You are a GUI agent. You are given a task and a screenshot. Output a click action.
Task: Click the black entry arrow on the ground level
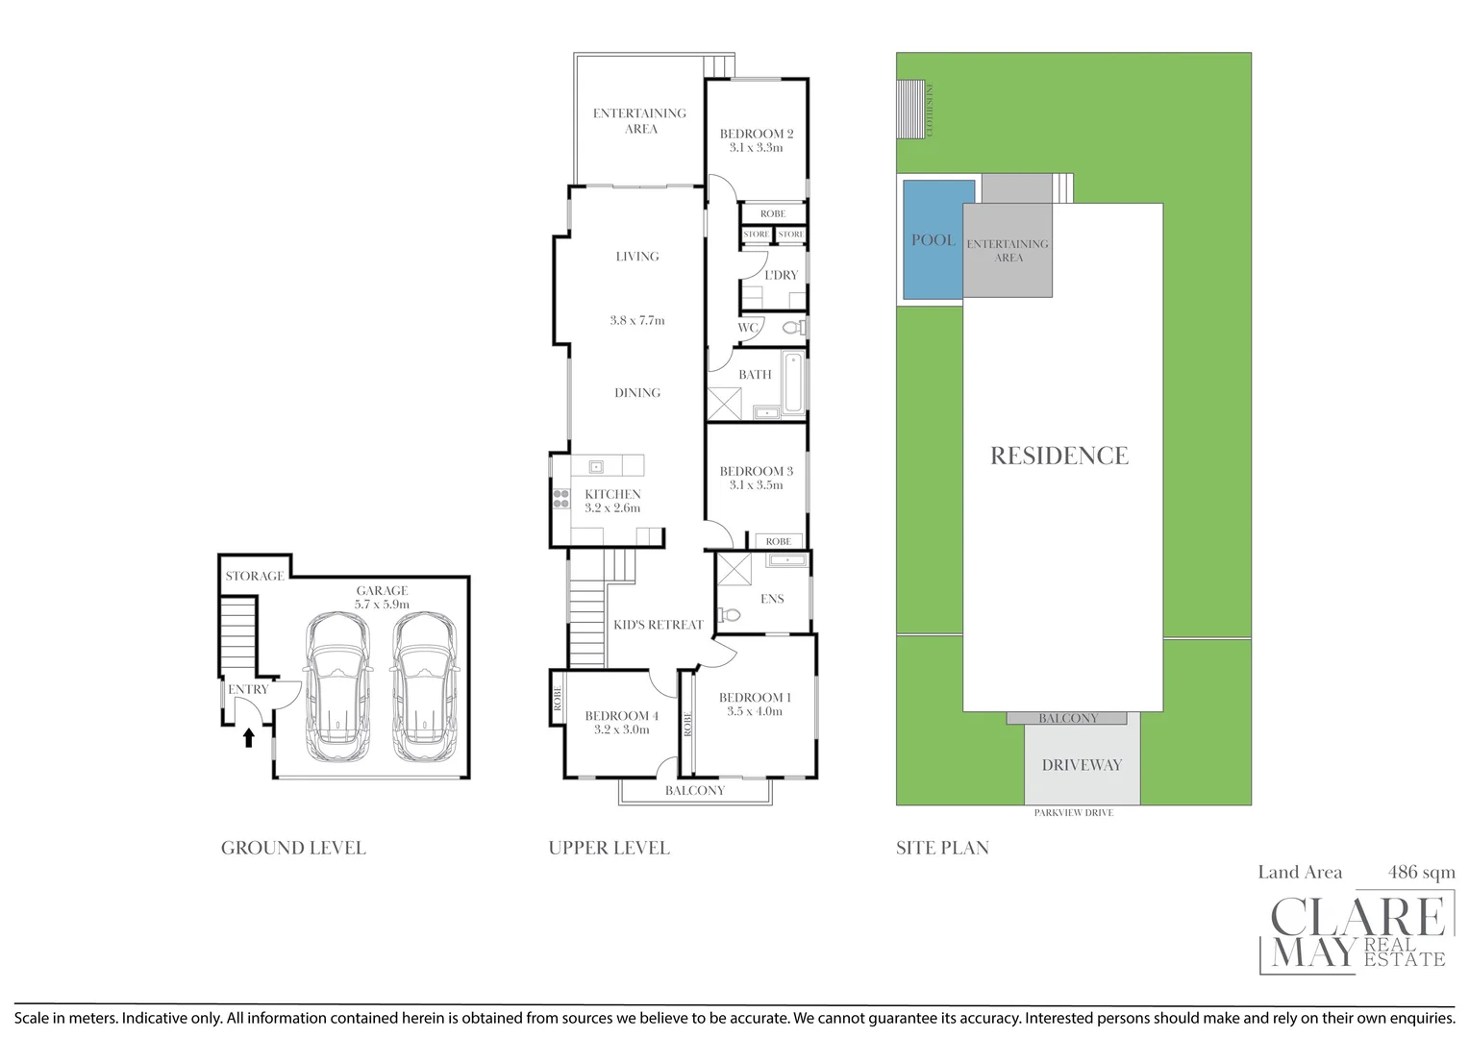click(249, 737)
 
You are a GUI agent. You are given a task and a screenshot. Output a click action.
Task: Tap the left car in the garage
click(336, 688)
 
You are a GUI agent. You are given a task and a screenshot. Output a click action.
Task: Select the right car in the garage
click(424, 688)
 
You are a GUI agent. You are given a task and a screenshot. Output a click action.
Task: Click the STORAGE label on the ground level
click(255, 577)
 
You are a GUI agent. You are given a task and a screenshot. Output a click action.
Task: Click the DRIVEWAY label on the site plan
click(1082, 765)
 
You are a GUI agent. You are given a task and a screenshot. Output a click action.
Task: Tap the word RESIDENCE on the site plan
click(1059, 456)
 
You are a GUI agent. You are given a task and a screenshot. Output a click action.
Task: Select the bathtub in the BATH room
click(793, 382)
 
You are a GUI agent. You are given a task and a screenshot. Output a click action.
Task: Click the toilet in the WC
click(792, 328)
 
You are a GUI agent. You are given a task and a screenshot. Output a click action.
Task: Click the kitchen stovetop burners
click(560, 498)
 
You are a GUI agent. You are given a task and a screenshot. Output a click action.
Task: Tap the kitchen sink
click(596, 467)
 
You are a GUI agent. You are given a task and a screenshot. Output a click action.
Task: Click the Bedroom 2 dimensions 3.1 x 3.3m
click(756, 148)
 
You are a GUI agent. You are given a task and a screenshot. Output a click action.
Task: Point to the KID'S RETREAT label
click(659, 625)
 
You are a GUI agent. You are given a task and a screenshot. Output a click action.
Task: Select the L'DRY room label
click(781, 275)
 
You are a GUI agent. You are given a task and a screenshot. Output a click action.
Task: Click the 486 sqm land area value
click(1421, 873)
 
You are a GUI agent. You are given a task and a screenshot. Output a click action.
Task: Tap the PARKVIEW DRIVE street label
click(1073, 813)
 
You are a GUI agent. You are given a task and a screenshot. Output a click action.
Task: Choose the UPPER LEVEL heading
click(609, 848)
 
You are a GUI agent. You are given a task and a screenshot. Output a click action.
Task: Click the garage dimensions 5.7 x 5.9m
click(382, 605)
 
